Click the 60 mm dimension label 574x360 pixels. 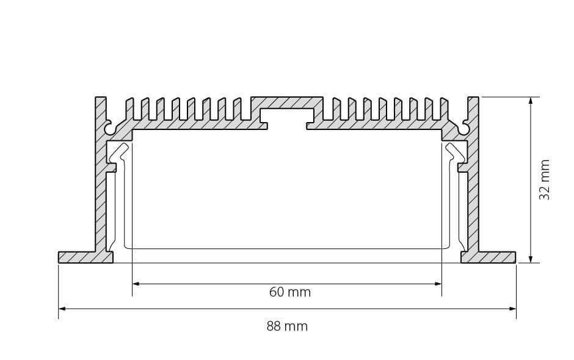[290, 292]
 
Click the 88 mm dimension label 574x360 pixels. [287, 326]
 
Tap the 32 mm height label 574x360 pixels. [544, 179]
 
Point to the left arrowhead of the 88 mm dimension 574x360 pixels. [62, 309]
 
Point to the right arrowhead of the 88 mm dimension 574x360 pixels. [512, 309]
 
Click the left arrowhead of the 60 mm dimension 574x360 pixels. [136, 284]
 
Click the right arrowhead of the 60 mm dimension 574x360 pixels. [438, 284]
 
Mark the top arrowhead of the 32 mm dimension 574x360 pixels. [531, 101]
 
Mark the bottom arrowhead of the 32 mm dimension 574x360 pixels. [531, 259]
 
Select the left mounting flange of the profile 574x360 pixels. [85, 257]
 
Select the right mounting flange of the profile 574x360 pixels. [489, 257]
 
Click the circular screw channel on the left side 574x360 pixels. [110, 128]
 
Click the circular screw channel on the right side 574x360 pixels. [464, 128]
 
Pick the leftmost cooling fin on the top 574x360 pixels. [129, 109]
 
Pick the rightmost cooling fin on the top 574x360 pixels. [445, 109]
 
